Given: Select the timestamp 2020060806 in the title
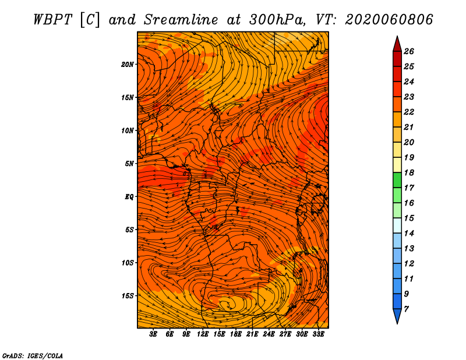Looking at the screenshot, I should click(x=389, y=19).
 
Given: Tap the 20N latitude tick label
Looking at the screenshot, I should click(x=128, y=64).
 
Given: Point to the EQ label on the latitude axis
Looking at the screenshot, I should click(x=129, y=197).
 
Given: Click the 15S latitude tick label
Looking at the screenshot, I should click(x=128, y=296).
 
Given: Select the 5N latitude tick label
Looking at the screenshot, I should click(x=129, y=164).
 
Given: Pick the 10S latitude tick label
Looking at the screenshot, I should click(x=128, y=263).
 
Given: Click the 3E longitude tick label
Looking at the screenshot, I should click(x=154, y=334).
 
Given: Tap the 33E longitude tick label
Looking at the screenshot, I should click(x=318, y=334).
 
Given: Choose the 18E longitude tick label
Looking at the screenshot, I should click(x=236, y=334).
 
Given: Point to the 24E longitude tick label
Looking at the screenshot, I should click(x=269, y=334).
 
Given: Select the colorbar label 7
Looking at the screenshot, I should click(x=406, y=308).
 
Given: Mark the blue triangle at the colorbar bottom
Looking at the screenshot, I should click(x=397, y=316).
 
